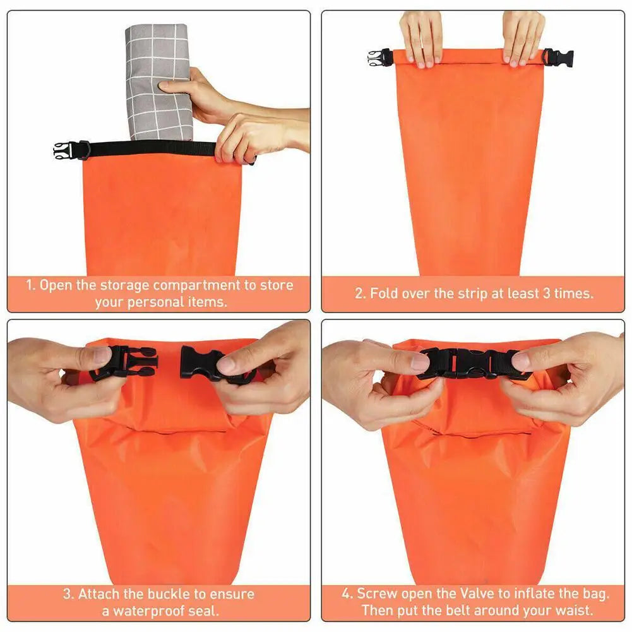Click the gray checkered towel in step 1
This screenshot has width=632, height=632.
pyautogui.click(x=158, y=82)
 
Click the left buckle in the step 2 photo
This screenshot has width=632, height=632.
pyautogui.click(x=380, y=58)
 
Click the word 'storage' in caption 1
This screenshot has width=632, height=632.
pyautogui.click(x=124, y=285)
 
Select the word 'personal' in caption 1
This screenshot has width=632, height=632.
pyautogui.click(x=156, y=302)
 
